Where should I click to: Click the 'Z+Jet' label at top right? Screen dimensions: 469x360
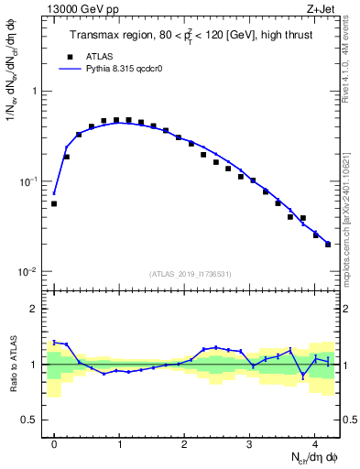point(321,9)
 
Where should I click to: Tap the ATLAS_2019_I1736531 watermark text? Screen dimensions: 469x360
point(190,274)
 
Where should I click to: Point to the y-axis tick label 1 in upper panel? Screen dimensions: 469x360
point(34,92)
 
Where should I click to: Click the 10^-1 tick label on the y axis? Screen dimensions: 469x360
point(29,181)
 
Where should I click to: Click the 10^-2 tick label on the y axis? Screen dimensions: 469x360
point(29,272)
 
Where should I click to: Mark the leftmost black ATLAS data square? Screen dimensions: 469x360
point(54,203)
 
